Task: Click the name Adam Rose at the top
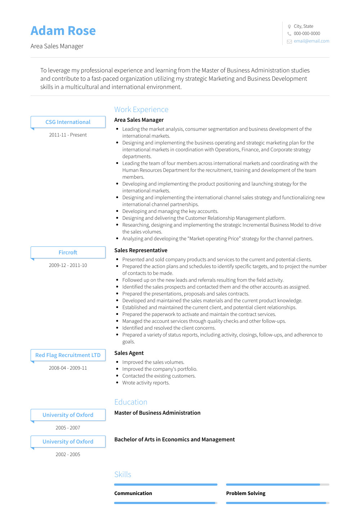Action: click(63, 31)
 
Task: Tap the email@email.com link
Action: click(311, 41)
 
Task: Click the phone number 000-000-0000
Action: click(307, 34)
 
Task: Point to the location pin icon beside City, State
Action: click(289, 26)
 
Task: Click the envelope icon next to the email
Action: click(289, 41)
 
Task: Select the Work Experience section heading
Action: click(141, 110)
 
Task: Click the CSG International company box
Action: click(68, 122)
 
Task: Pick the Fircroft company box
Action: click(68, 253)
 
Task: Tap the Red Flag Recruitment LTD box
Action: click(68, 355)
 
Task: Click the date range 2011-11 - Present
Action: click(68, 135)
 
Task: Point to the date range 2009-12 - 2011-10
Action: click(68, 265)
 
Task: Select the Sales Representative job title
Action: click(141, 250)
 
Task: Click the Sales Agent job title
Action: click(129, 353)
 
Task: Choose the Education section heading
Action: click(131, 402)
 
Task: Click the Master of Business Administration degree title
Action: click(157, 413)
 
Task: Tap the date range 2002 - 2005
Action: click(68, 454)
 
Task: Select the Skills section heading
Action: click(123, 474)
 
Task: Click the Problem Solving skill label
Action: click(246, 493)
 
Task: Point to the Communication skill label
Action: click(133, 493)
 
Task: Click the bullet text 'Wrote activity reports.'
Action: click(146, 383)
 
